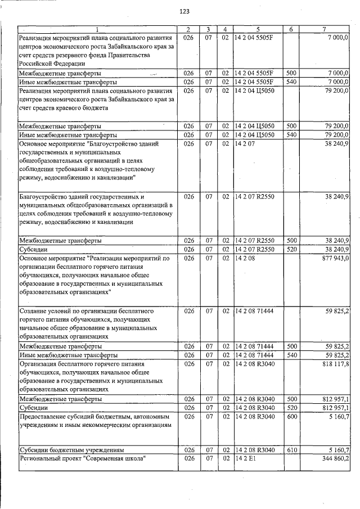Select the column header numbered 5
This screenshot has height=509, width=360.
click(x=258, y=29)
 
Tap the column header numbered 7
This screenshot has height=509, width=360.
click(x=325, y=29)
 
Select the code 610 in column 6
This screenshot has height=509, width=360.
click(x=291, y=451)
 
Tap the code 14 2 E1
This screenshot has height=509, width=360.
click(x=244, y=460)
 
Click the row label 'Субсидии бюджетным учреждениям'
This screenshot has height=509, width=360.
click(x=71, y=451)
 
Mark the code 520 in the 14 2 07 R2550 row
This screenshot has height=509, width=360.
click(x=291, y=249)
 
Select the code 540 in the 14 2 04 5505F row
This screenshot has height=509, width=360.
click(x=291, y=82)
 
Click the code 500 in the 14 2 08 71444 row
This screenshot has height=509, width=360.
click(x=291, y=346)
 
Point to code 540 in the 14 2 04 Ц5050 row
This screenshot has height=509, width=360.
click(x=291, y=135)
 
